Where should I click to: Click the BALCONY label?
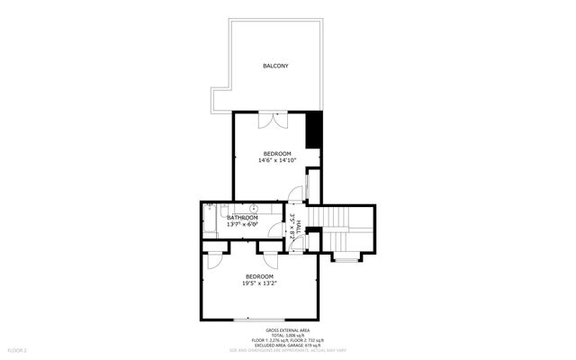click(275, 66)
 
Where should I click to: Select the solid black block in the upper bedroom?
click(314, 130)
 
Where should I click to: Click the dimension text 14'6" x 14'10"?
click(277, 161)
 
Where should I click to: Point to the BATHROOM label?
click(242, 218)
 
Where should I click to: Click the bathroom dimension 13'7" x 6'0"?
click(242, 225)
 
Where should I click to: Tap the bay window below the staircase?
click(346, 261)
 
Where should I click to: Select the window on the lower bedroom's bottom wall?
click(259, 320)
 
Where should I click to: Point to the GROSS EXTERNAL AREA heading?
click(288, 332)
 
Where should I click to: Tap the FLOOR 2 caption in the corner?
click(18, 348)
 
